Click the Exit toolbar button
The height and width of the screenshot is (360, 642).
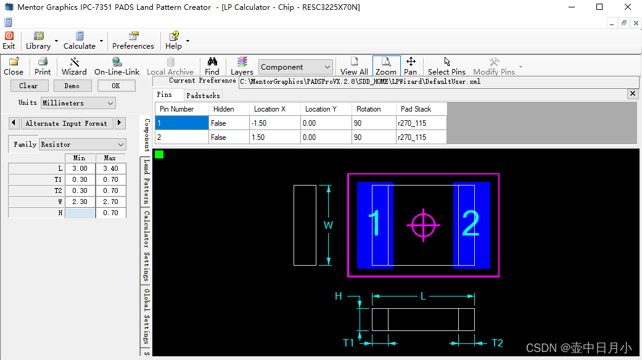(9, 41)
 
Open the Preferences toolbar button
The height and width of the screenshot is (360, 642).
(133, 41)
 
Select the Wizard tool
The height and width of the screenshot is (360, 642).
(74, 67)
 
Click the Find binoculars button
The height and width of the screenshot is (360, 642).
(212, 67)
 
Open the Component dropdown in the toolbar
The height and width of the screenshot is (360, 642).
(295, 67)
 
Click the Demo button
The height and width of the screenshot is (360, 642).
(72, 86)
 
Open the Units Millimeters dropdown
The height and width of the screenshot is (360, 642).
(78, 103)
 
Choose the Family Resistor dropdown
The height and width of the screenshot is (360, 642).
(82, 144)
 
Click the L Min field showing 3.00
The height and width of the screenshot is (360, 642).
(80, 168)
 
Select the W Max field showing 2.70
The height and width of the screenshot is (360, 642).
(110, 202)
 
